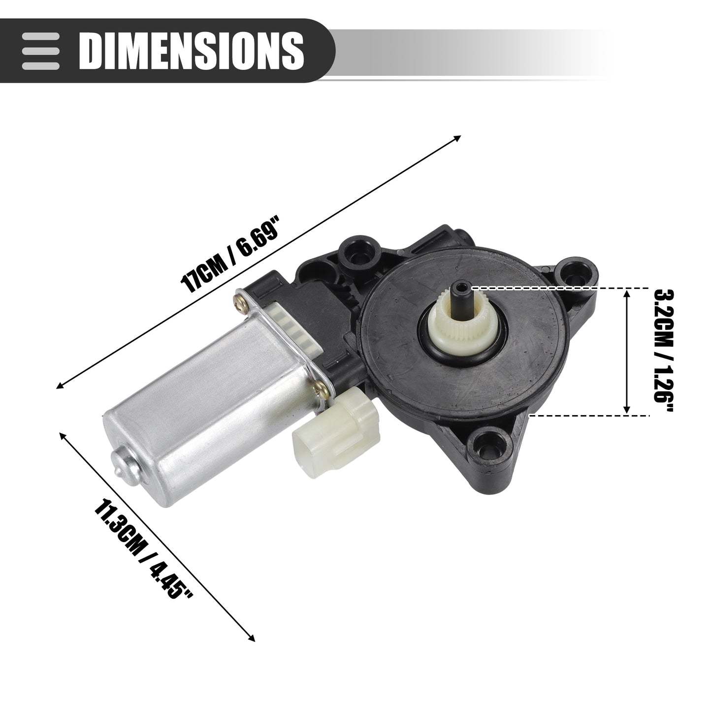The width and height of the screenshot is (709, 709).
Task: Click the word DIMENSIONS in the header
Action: pyautogui.click(x=191, y=50)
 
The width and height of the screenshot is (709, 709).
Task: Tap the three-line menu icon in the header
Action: pyautogui.click(x=40, y=50)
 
